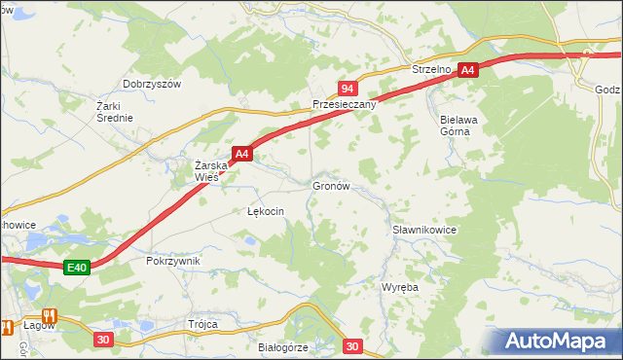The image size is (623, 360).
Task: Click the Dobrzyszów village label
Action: point(152,84)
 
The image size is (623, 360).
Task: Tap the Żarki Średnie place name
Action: point(115,111)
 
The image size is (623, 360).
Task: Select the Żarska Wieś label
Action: point(210,170)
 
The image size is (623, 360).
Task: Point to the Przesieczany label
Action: point(344,104)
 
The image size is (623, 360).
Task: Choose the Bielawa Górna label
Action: point(448,125)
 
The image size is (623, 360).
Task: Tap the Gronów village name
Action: point(331,184)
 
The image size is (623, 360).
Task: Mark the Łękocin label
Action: point(266,210)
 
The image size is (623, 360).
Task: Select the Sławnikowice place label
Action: point(424,230)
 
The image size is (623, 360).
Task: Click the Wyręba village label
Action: point(400,289)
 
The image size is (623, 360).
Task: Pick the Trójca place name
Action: point(202,324)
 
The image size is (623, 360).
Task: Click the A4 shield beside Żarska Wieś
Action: point(242,153)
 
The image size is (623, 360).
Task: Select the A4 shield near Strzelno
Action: point(468,70)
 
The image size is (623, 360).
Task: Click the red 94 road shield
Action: point(347,88)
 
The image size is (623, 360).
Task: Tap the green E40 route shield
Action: point(79,268)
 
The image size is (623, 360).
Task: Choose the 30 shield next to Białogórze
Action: point(352,345)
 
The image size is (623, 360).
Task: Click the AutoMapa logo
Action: point(560,341)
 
